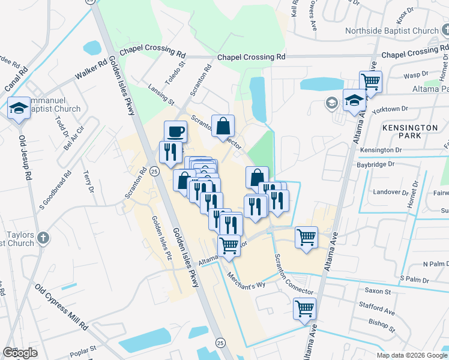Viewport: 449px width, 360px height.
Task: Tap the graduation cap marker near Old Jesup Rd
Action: (x=19, y=109)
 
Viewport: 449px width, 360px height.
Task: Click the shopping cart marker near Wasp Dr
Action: (x=371, y=82)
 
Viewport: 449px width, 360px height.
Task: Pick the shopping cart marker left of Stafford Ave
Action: (x=304, y=309)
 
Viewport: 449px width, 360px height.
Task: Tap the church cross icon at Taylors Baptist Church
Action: (x=42, y=238)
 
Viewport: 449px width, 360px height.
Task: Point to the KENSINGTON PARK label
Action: (x=409, y=133)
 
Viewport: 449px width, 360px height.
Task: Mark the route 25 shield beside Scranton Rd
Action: (x=154, y=172)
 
